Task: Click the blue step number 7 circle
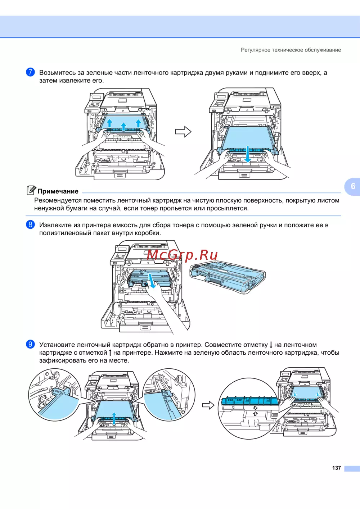[30, 72]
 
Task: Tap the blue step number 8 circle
[30, 224]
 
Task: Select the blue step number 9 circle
[30, 344]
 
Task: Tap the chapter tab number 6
[353, 186]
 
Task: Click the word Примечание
[58, 191]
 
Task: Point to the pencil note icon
[31, 190]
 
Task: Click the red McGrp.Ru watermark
[182, 255]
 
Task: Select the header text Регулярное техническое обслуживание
[291, 50]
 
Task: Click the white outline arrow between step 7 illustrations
[183, 132]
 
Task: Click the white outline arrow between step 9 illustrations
[208, 405]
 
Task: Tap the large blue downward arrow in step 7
[248, 154]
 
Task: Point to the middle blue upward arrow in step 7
[123, 127]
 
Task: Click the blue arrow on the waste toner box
[152, 281]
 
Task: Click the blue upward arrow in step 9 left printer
[114, 418]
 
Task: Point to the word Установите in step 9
[57, 345]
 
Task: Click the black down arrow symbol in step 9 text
[271, 345]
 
